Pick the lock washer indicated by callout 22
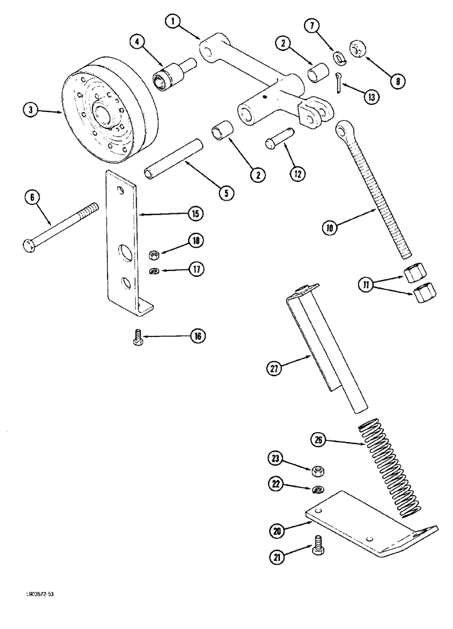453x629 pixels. tap(318, 490)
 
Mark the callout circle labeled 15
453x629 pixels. tap(196, 214)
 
